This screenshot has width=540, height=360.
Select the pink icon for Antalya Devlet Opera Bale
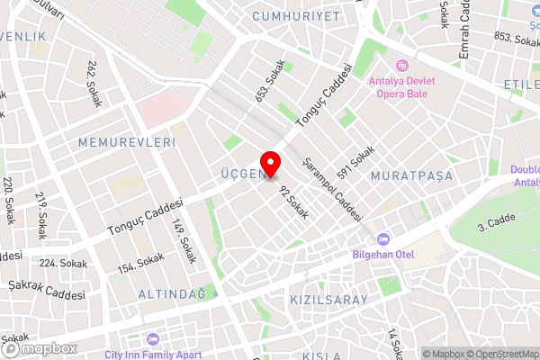[400, 66]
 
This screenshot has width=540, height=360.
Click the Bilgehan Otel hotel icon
[383, 239]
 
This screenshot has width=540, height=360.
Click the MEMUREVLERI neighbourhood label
[125, 143]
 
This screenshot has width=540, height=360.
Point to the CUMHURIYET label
[296, 17]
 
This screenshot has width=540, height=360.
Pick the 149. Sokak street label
[183, 242]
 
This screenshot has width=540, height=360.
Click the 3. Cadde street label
[494, 221]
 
